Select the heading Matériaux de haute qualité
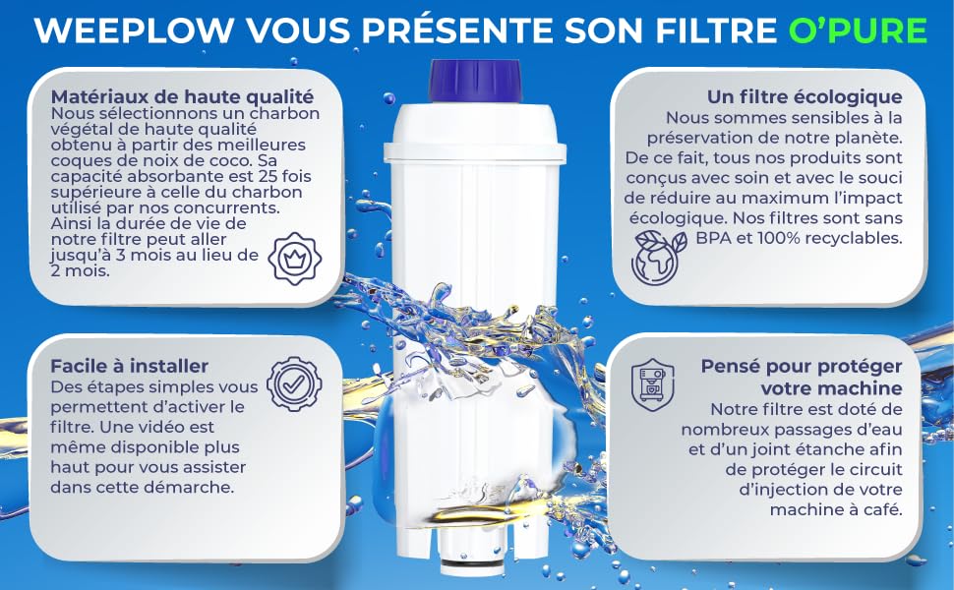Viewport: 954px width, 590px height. click(182, 97)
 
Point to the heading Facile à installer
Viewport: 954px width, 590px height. click(130, 366)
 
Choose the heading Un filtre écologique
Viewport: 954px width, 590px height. click(805, 97)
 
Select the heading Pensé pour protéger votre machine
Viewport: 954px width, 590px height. click(802, 377)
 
